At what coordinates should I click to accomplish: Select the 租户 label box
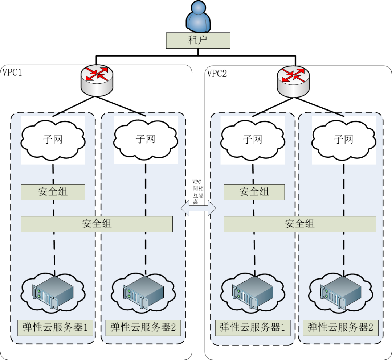click(x=198, y=40)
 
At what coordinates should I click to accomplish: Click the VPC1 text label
click(x=12, y=73)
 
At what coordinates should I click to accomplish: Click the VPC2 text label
click(x=217, y=74)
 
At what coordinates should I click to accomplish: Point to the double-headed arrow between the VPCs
click(x=198, y=208)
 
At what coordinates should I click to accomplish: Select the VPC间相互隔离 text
click(x=198, y=192)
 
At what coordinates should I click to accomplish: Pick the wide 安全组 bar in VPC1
click(x=97, y=224)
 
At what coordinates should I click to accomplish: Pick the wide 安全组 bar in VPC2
click(x=299, y=224)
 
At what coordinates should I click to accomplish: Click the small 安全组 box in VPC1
click(x=53, y=192)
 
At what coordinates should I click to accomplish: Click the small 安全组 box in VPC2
click(x=254, y=192)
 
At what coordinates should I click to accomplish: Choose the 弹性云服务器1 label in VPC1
click(x=53, y=328)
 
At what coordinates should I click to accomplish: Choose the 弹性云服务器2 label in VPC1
click(x=143, y=328)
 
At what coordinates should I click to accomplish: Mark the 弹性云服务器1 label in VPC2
click(x=253, y=328)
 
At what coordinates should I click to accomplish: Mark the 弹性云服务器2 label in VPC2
click(x=340, y=328)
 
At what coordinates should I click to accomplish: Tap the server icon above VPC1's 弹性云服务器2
click(x=144, y=292)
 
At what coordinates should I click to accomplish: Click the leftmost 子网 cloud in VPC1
click(x=53, y=138)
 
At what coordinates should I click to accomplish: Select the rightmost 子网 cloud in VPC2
click(x=343, y=138)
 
